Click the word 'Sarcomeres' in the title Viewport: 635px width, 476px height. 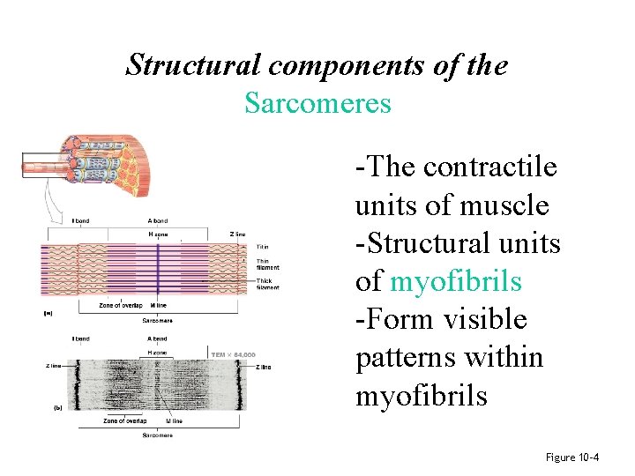tap(317, 103)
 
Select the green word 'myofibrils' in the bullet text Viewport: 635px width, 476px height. tap(455, 281)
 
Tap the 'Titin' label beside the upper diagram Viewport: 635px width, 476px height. tap(262, 247)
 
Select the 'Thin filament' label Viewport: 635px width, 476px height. tap(267, 264)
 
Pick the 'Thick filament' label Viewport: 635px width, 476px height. tap(267, 284)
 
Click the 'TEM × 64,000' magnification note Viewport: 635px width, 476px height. tap(233, 354)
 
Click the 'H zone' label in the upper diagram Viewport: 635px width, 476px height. tap(158, 234)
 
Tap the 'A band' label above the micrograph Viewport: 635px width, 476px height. tap(157, 338)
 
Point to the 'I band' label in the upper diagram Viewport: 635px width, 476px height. tap(79, 220)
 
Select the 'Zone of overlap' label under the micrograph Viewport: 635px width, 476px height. tap(122, 421)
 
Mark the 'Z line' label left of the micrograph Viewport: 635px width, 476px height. tap(53, 366)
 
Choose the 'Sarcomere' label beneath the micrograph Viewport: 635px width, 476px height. tap(157, 435)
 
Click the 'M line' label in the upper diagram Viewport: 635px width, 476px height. tap(159, 305)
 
